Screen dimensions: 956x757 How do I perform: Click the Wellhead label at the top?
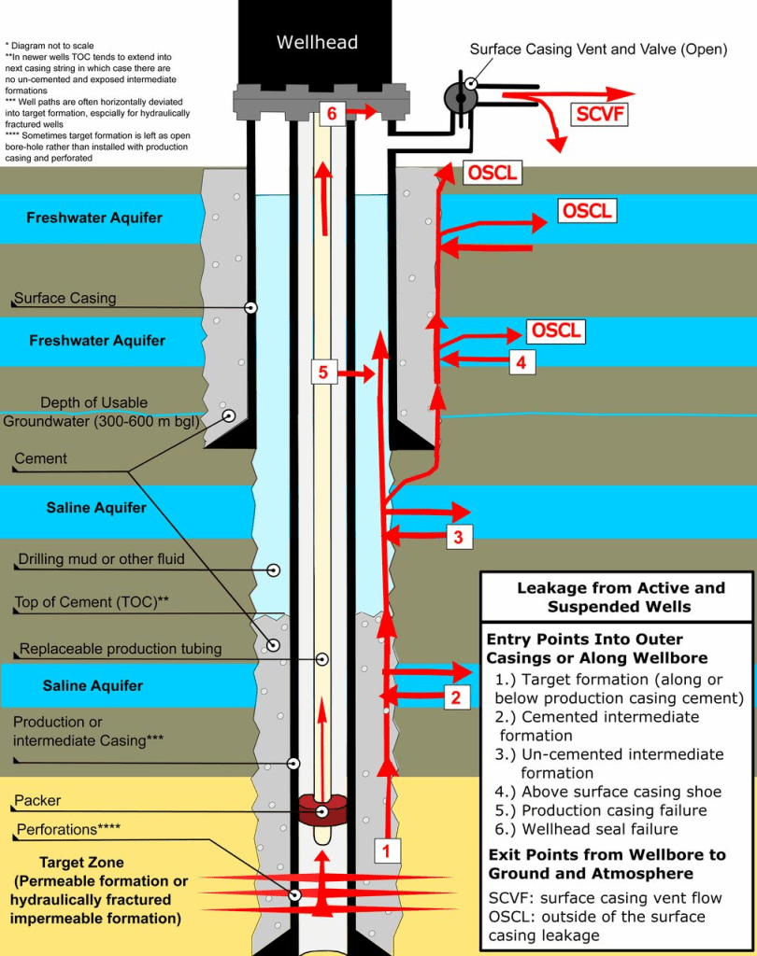(317, 42)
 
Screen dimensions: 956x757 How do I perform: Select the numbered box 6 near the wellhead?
(332, 113)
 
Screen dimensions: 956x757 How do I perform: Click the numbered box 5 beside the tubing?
(322, 372)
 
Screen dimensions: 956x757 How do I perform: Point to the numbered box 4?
(521, 361)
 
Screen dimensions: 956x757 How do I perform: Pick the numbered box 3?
(458, 536)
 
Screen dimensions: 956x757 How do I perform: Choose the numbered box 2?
(455, 696)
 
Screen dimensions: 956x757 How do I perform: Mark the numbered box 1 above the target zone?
(387, 850)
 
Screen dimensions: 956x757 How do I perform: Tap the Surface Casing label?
(65, 299)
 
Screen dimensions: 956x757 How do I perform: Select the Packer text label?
(38, 801)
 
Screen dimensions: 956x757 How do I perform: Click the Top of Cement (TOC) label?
(92, 602)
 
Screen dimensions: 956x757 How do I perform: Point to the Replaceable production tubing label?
(121, 649)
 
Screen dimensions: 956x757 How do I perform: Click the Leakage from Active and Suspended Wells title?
(621, 597)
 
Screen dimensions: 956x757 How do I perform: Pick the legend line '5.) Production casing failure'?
(601, 810)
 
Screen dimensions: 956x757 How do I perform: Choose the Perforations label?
(67, 828)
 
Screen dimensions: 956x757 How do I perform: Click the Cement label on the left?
(40, 458)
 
